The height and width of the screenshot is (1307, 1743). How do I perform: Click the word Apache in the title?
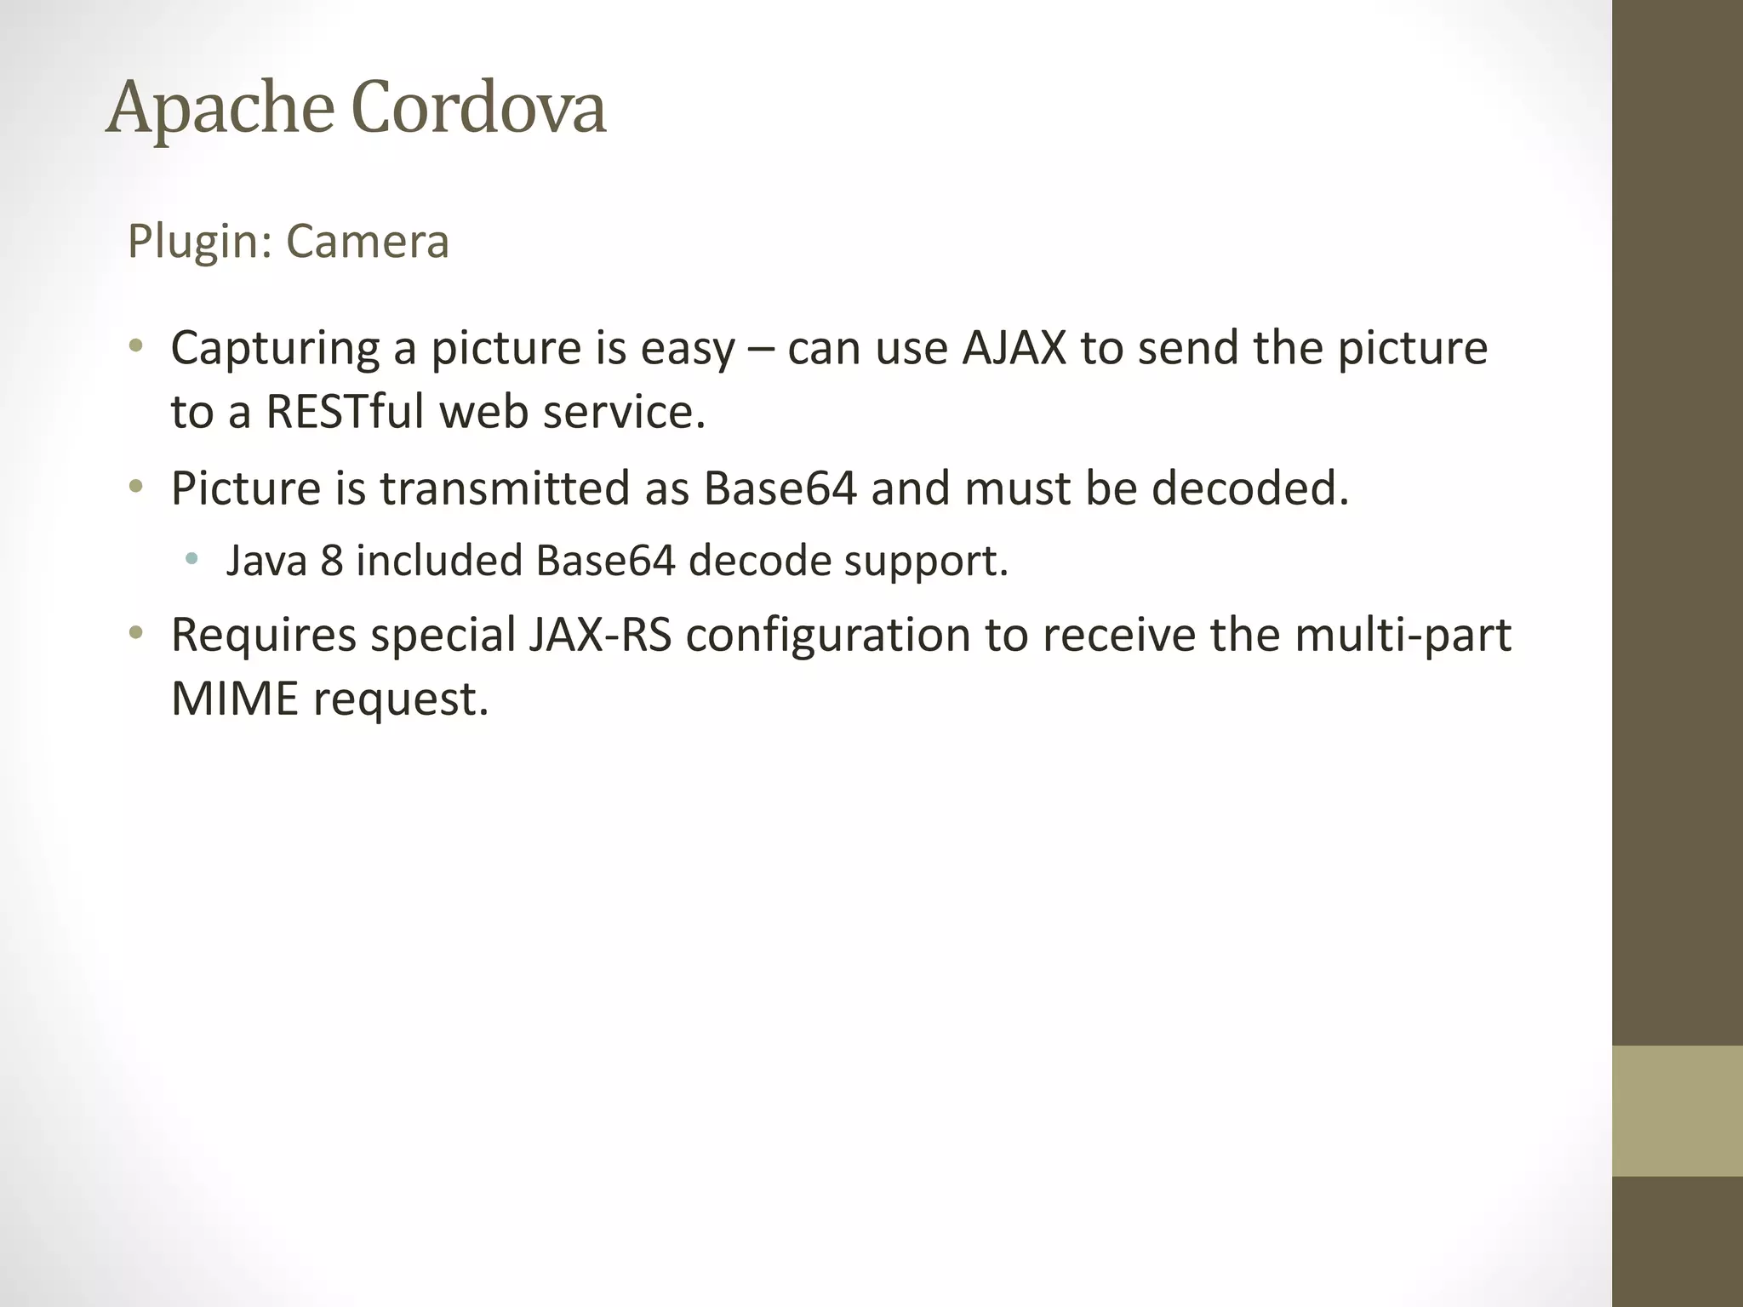point(220,109)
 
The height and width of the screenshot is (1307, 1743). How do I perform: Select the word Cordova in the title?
point(478,109)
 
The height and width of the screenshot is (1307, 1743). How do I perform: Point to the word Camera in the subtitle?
point(367,242)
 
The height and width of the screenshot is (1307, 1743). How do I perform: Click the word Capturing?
point(275,349)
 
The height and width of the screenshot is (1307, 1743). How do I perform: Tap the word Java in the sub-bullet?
point(266,561)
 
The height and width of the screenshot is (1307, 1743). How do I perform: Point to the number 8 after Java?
point(332,561)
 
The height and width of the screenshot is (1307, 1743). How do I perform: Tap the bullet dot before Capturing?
point(135,346)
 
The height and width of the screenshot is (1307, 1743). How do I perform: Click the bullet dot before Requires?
point(135,633)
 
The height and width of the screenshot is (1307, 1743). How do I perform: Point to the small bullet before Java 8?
point(192,559)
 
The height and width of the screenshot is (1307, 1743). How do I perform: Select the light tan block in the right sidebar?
point(1677,1110)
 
